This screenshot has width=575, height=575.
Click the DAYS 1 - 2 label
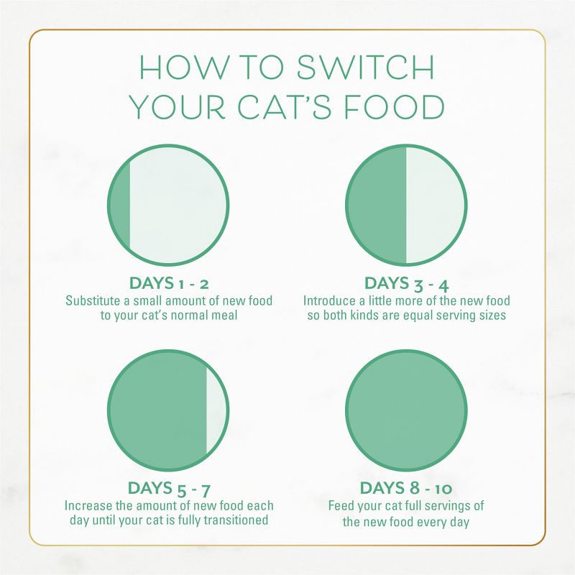pos(168,282)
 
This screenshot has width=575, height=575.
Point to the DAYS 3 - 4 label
pos(407,282)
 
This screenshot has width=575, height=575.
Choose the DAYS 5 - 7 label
pos(169,489)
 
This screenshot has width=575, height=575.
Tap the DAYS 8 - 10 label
pos(406,489)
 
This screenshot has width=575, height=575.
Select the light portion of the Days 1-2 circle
pos(180,205)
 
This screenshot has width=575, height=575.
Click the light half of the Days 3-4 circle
pos(436,205)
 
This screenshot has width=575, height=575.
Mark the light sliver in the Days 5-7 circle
pos(216,411)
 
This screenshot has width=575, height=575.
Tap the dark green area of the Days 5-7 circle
pos(158,411)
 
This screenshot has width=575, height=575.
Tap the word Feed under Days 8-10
pos(342,506)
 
